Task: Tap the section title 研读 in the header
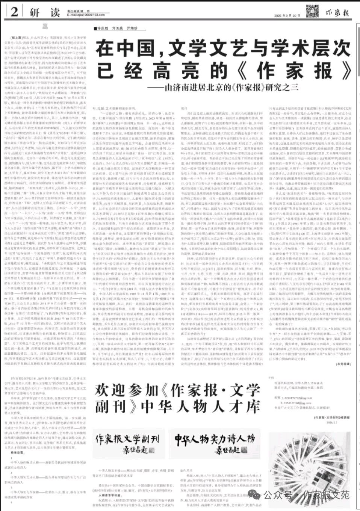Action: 45,12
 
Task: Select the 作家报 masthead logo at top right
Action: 337,12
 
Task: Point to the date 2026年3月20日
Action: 287,15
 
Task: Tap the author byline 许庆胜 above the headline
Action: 103,28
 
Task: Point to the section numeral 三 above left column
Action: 45,26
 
